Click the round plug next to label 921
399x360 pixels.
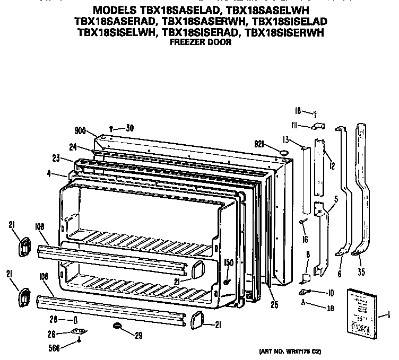coord(284,153)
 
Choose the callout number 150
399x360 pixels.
coord(228,262)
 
